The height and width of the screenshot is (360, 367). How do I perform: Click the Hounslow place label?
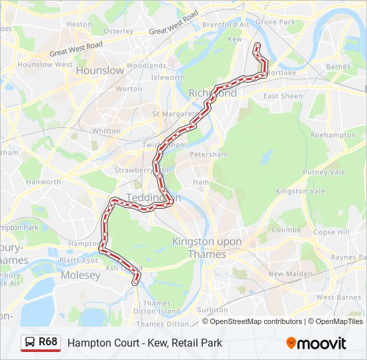[100, 70]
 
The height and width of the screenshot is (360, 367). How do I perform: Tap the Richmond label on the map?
[213, 93]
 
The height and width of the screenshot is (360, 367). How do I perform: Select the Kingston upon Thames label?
[207, 247]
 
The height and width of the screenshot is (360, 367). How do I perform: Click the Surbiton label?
[213, 310]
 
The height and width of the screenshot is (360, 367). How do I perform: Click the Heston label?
[79, 24]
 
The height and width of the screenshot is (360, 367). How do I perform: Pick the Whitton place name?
[106, 131]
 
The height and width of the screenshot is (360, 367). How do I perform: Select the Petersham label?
[209, 154]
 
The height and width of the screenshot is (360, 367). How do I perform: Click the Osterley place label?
[119, 31]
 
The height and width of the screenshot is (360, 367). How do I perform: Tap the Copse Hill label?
[332, 232]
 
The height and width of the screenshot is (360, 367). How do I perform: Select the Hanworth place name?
[44, 181]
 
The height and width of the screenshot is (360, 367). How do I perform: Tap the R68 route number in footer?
[48, 343]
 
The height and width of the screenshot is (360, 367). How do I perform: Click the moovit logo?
[316, 343]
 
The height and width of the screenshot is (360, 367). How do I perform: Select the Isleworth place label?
[168, 77]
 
